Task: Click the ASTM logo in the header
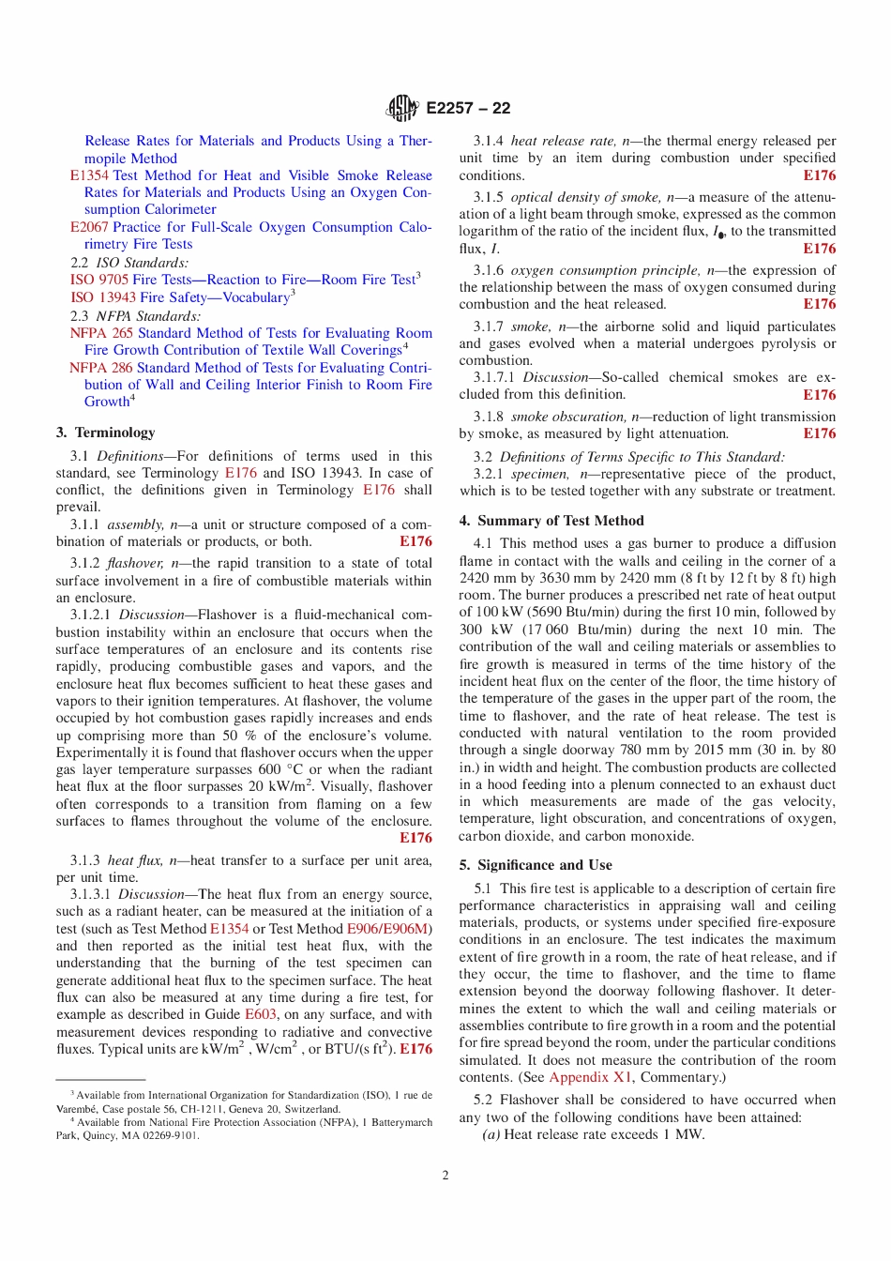click(401, 108)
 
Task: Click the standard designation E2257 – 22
click(468, 108)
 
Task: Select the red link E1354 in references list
click(89, 175)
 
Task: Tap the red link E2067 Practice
click(89, 227)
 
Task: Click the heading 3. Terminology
click(105, 433)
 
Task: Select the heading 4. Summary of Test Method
click(551, 521)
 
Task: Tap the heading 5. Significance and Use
click(536, 865)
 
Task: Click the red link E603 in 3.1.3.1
click(261, 1014)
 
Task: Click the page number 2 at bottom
click(445, 1176)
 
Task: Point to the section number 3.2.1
click(488, 474)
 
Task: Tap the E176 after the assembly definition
click(415, 541)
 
